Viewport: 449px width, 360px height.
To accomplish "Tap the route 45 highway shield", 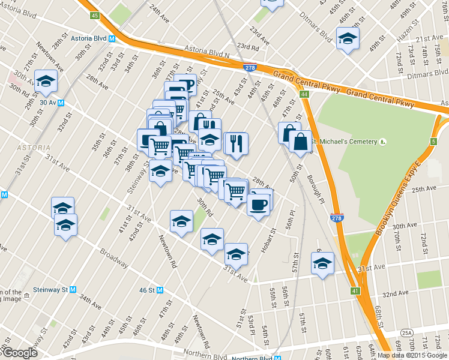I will (94, 15).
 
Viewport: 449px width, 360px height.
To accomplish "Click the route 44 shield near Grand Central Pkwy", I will (305, 95).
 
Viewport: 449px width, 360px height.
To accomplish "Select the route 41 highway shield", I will (355, 291).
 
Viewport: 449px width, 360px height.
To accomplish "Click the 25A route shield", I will (407, 332).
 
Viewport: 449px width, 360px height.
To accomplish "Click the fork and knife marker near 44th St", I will (236, 143).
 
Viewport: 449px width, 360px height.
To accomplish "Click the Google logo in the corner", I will (19, 353).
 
